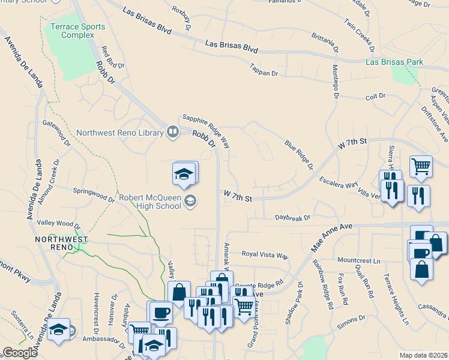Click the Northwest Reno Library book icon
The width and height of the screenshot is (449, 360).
click(173, 131)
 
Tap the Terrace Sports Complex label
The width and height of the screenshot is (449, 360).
click(77, 31)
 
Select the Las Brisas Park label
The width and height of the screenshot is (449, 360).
click(395, 62)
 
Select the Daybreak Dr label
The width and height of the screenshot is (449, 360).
click(293, 218)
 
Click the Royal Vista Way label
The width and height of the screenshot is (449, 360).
click(265, 254)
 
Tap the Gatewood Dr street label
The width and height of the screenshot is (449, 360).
click(56, 134)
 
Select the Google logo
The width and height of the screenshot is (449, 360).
click(20, 353)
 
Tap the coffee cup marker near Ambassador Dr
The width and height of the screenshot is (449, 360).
click(160, 313)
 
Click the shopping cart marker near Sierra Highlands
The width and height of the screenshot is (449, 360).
click(421, 167)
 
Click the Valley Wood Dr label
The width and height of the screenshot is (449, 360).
click(58, 223)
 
